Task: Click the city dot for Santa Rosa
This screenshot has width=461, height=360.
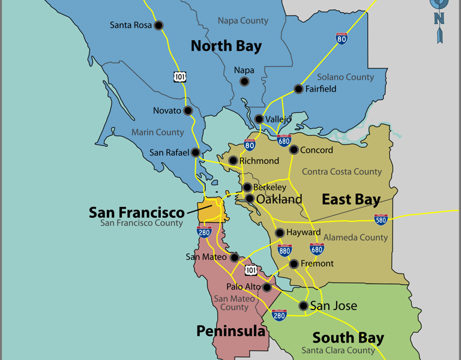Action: coord(158,25)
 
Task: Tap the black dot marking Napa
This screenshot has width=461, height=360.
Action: coord(244,82)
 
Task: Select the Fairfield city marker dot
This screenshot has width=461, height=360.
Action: coord(298,89)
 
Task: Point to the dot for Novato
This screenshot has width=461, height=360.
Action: coord(188,110)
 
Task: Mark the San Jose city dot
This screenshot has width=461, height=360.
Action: coord(304,306)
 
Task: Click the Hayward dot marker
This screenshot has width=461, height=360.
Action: coord(280,233)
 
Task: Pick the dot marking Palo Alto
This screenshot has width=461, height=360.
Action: coord(267,287)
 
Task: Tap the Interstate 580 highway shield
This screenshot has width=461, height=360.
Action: coord(381,220)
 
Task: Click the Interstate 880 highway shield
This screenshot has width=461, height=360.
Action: coord(285,250)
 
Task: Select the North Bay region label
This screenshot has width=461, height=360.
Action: coord(226,46)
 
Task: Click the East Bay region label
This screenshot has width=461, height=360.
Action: coord(351,200)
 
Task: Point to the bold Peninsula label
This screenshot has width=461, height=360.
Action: coord(231,331)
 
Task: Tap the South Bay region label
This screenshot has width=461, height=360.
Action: coord(348,338)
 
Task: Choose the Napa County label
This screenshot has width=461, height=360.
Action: coord(243,21)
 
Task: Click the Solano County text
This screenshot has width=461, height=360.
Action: coord(345,77)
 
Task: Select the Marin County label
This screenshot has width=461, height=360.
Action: coord(157,132)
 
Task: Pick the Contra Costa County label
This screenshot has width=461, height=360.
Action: coord(342,172)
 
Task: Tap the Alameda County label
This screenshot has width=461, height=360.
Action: coord(356,238)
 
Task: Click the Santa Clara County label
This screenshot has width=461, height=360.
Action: coord(338,350)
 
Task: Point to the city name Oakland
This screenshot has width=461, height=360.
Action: coord(279,199)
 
